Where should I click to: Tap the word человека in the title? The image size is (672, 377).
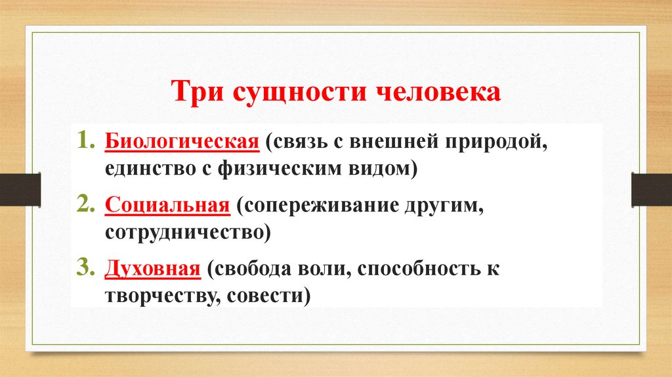click(438, 91)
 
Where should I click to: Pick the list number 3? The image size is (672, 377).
click(87, 267)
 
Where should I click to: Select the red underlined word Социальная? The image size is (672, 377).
click(167, 205)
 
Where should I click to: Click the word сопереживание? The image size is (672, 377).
click(319, 205)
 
